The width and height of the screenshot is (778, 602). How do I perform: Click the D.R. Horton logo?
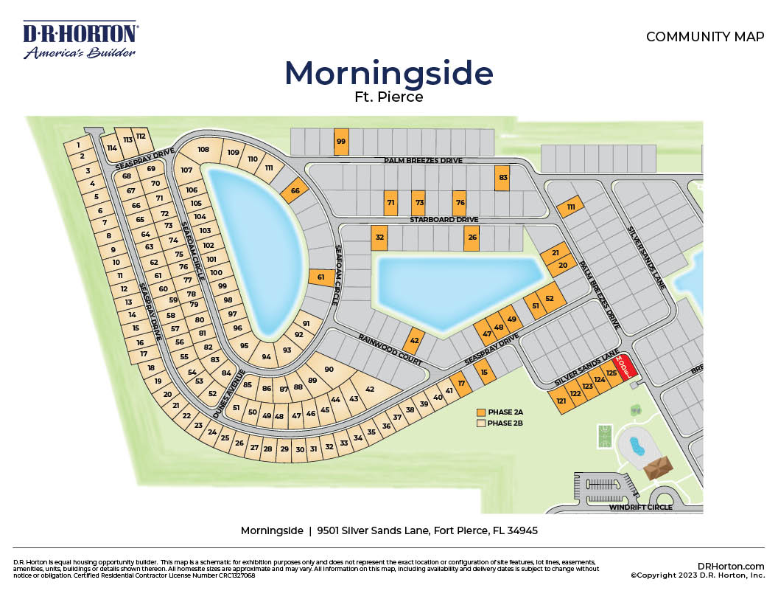[80, 41]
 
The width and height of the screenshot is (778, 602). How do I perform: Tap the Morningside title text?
[388, 74]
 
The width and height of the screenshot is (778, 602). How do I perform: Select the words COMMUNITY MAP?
[705, 37]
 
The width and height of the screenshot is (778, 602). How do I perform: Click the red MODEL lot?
[623, 367]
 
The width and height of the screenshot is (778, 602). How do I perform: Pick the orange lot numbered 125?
[611, 373]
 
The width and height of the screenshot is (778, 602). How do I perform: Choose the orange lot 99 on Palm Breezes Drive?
[341, 142]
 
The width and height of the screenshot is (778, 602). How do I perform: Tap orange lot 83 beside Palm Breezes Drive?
[503, 178]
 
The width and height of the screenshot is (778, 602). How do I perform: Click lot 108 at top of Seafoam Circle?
[203, 150]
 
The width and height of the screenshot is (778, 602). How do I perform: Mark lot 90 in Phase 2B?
[329, 369]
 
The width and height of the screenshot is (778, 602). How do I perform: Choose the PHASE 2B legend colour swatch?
[481, 423]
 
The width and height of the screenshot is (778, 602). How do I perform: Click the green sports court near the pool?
[604, 435]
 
